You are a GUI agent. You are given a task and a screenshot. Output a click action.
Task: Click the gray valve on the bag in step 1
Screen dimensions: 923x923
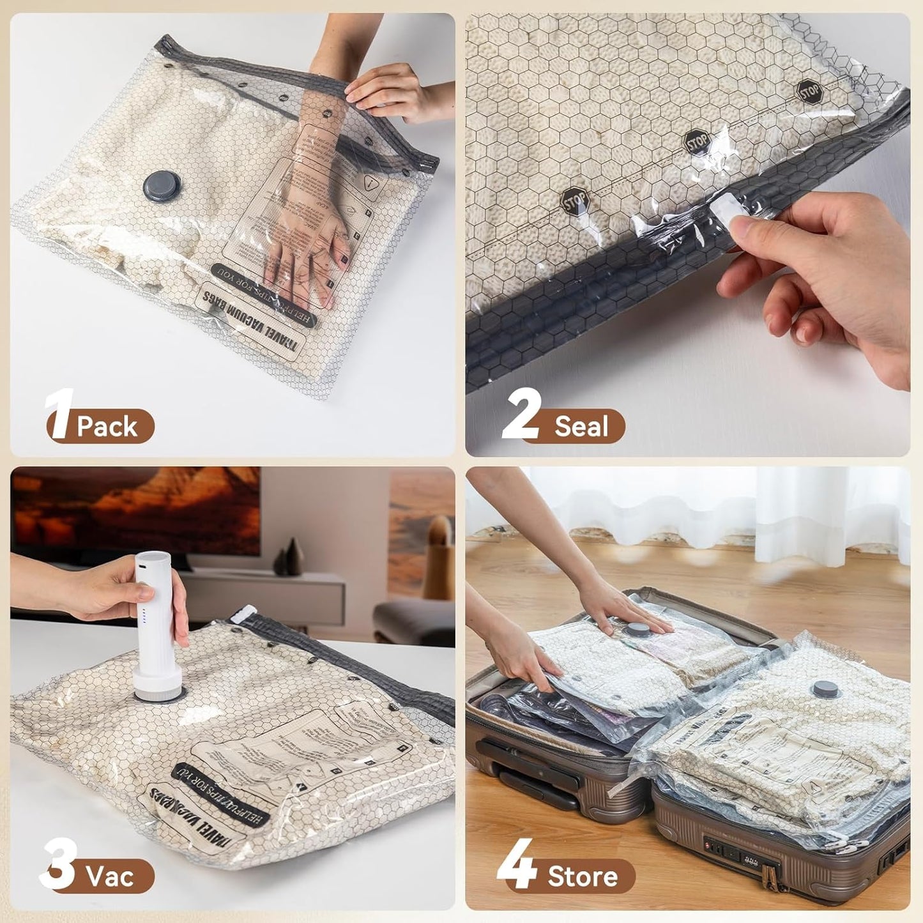162,185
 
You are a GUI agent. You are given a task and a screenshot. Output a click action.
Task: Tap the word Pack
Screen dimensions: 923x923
107,427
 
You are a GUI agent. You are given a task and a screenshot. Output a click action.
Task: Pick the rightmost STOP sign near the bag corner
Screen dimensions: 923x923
809,92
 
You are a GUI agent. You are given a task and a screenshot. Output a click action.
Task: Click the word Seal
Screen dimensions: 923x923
581,427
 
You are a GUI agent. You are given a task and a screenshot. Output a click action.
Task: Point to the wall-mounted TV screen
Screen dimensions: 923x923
135,511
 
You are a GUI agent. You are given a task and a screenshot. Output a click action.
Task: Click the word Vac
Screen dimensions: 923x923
111,876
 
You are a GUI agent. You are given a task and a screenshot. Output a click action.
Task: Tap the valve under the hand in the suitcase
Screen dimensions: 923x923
636,630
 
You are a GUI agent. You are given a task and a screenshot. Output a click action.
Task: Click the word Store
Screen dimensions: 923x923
582,876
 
